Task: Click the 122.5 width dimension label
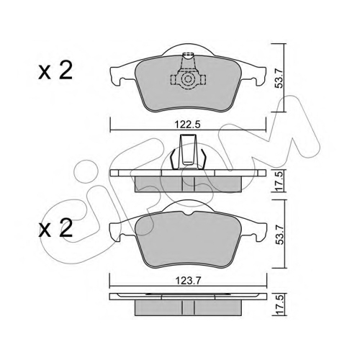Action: tap(187, 125)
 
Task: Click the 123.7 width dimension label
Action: tap(187, 280)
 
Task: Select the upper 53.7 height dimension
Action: tap(279, 78)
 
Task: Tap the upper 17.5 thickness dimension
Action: tap(279, 181)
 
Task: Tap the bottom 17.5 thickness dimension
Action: tap(279, 305)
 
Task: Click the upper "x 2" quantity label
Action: tap(55, 70)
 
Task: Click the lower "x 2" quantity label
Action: tap(55, 228)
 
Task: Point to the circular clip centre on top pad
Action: tap(188, 79)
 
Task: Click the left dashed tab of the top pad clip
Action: tap(175, 79)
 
